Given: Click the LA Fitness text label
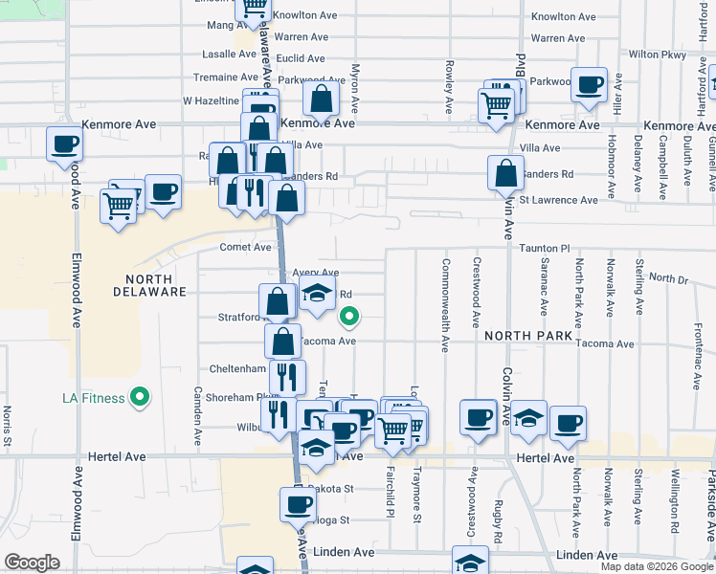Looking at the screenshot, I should pyautogui.click(x=94, y=398).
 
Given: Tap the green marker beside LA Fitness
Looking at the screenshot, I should pyautogui.click(x=140, y=396).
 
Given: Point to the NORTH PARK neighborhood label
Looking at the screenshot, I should pyautogui.click(x=527, y=336).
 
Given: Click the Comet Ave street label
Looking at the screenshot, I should pyautogui.click(x=246, y=247).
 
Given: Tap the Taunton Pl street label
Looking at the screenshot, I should pyautogui.click(x=545, y=247).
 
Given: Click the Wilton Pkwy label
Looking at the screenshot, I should pyautogui.click(x=659, y=55).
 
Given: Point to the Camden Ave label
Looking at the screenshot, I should pyautogui.click(x=198, y=416).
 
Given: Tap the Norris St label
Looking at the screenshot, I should pyautogui.click(x=7, y=427).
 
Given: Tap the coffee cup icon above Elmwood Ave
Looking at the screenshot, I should pyautogui.click(x=64, y=143).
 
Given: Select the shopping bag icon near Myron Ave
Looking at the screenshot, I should pyautogui.click(x=322, y=98).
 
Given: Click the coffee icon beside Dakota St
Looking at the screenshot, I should pyautogui.click(x=297, y=503).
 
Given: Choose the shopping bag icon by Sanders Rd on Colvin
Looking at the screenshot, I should pyautogui.click(x=505, y=172).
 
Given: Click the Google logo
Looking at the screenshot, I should pyautogui.click(x=33, y=563).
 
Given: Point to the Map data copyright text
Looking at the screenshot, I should pyautogui.click(x=656, y=566).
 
